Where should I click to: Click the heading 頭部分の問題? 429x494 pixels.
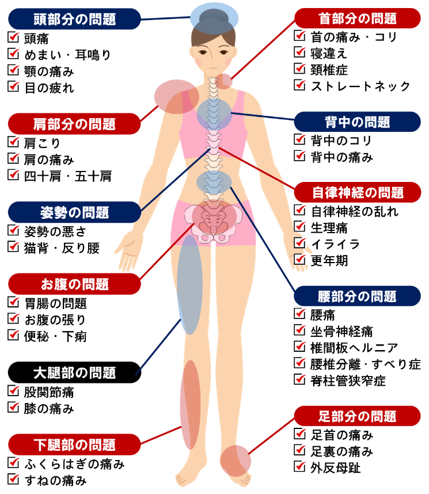click(x=74, y=19)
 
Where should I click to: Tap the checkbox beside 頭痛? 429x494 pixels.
click(x=13, y=39)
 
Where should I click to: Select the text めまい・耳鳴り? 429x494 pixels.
click(x=67, y=55)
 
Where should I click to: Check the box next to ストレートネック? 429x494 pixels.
click(x=299, y=85)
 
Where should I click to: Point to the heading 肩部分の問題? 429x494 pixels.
click(x=74, y=123)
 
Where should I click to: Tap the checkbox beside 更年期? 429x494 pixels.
click(x=299, y=260)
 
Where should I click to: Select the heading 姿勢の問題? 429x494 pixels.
click(x=74, y=212)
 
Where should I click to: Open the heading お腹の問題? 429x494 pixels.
click(x=74, y=284)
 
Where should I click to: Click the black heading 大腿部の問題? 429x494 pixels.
click(x=74, y=372)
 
